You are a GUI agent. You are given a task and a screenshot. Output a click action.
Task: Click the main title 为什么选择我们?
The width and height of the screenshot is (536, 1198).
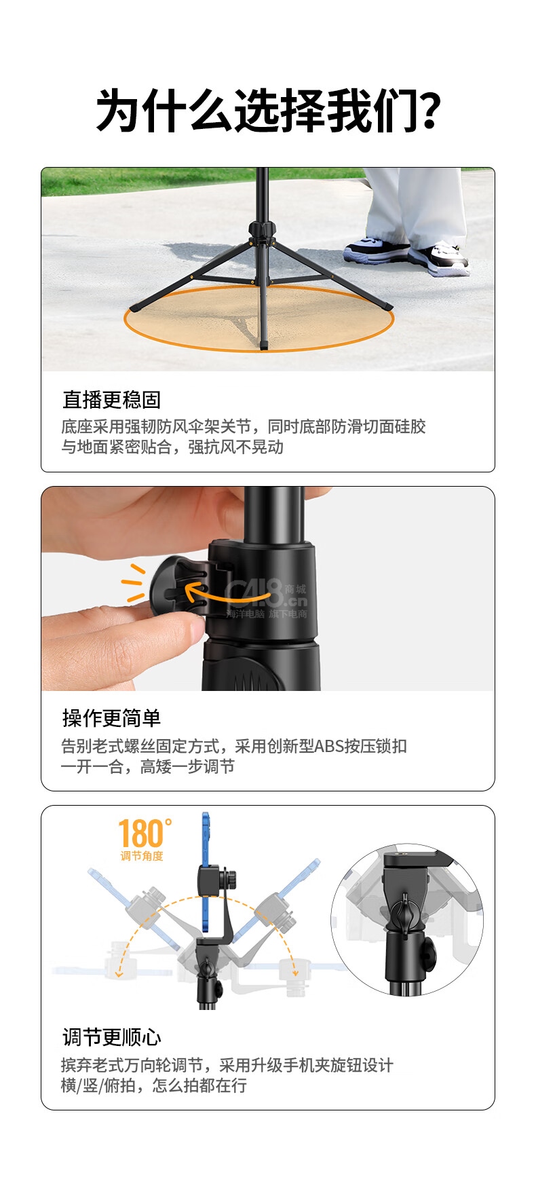[x=268, y=110]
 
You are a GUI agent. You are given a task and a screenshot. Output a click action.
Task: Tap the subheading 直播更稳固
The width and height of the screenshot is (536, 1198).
[x=111, y=400]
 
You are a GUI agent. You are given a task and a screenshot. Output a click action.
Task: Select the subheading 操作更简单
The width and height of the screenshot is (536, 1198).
[x=111, y=718]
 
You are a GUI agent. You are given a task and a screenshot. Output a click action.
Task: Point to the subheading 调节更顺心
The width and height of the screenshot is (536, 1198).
[x=111, y=1037]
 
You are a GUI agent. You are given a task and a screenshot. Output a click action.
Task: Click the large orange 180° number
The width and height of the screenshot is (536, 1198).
[x=145, y=833]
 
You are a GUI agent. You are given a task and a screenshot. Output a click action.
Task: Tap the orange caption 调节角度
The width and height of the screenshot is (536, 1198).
[x=142, y=856]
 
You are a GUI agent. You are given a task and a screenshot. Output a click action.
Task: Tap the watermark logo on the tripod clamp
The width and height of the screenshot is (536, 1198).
[x=267, y=598]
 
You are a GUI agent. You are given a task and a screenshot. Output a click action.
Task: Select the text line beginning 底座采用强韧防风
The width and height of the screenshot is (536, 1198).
[x=244, y=426]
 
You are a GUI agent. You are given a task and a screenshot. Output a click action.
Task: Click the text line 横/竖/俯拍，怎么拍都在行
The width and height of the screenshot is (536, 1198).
[x=154, y=1085]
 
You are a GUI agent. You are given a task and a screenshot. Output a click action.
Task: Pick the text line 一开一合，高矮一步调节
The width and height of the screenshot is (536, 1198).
[x=148, y=766]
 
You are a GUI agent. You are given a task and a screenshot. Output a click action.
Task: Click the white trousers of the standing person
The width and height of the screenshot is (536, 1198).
[x=415, y=204]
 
